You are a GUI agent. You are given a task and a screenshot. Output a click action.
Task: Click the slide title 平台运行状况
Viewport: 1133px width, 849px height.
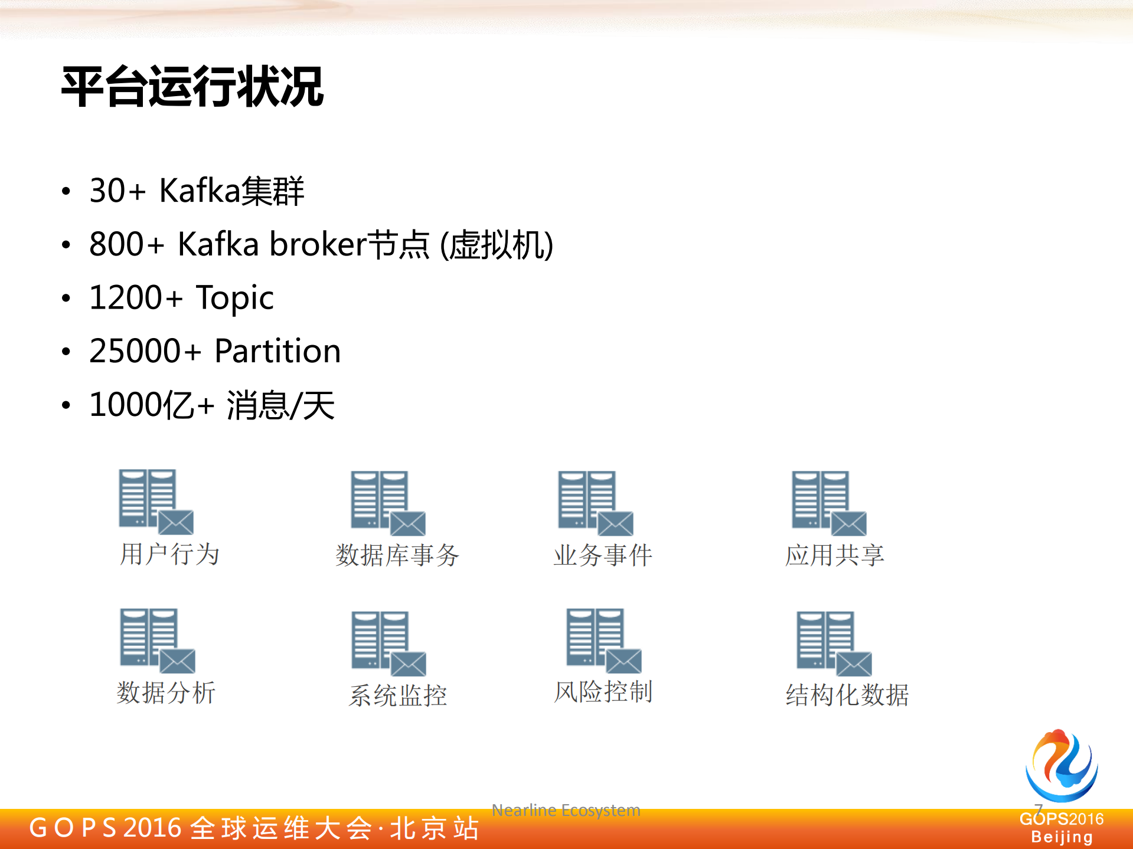pos(192,87)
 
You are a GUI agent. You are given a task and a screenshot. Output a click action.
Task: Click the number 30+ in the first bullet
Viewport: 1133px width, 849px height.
pos(117,191)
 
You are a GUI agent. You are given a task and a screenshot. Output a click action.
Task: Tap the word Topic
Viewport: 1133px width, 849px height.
pos(234,298)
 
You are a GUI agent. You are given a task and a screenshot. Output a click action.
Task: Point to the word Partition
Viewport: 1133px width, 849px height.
pos(277,352)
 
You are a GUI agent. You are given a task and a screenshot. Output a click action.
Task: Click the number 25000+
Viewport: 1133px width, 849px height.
pos(145,352)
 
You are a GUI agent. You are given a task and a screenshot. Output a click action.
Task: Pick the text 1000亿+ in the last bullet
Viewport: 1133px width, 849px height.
pos(151,405)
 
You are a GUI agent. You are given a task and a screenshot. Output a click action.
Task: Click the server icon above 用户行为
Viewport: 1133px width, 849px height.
pos(155,501)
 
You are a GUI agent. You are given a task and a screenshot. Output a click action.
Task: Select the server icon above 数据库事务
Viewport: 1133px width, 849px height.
pos(387,502)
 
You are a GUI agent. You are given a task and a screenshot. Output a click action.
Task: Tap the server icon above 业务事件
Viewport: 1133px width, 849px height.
pos(595,502)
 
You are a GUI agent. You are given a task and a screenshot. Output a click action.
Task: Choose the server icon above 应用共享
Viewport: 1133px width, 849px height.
pos(828,502)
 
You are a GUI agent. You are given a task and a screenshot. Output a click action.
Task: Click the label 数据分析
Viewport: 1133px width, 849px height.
pos(166,693)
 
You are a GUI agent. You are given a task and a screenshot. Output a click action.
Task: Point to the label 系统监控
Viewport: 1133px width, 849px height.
pos(398,696)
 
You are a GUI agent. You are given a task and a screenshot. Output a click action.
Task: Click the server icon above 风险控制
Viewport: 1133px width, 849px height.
pos(603,640)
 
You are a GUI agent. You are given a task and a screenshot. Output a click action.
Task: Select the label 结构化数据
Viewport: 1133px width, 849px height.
pos(847,695)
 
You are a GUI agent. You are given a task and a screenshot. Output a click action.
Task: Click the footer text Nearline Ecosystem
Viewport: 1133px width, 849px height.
pos(566,811)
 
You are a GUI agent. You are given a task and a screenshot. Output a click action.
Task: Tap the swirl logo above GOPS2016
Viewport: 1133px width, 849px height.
pos(1062,765)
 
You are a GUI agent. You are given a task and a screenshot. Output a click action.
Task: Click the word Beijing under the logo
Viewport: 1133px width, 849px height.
pos(1062,837)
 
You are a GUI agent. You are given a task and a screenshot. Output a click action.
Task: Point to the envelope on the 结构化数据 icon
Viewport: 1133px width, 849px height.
pos(853,664)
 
